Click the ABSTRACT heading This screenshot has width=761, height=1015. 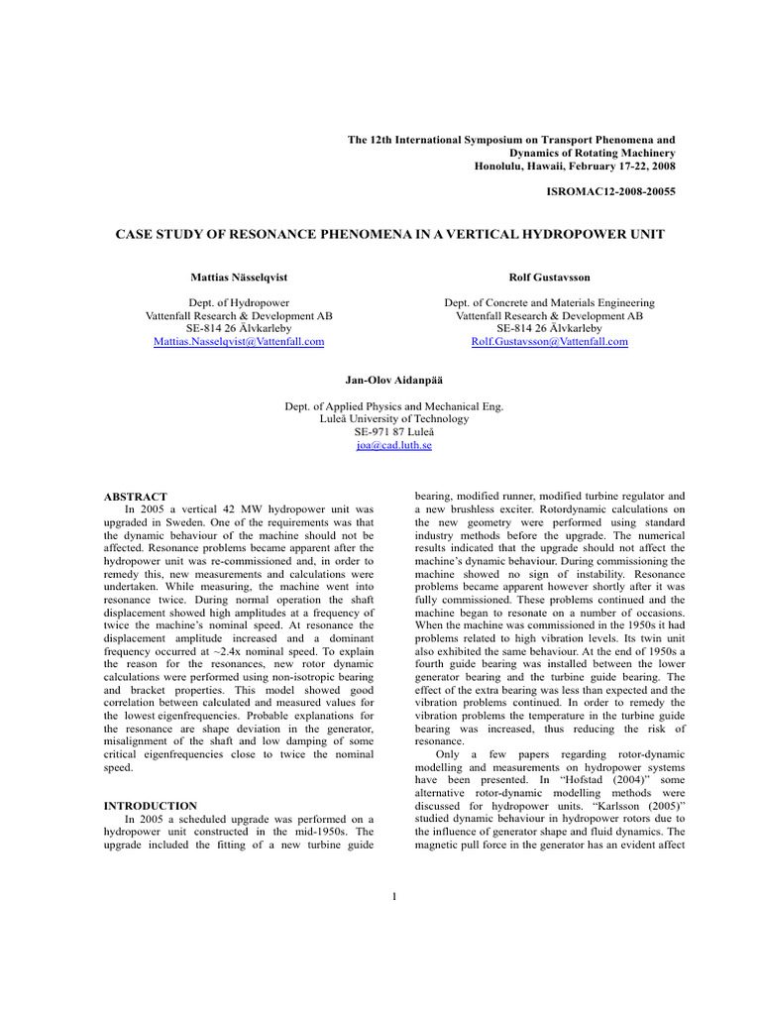pyautogui.click(x=136, y=497)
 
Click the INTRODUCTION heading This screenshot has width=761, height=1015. pyautogui.click(x=150, y=806)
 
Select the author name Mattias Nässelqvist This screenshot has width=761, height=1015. pyautogui.click(x=239, y=280)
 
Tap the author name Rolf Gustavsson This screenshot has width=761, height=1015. pyautogui.click(x=549, y=280)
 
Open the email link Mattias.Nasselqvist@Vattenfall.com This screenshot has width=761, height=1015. pyautogui.click(x=239, y=342)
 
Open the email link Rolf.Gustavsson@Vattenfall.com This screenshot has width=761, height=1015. pyautogui.click(x=549, y=342)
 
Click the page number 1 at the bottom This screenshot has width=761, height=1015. pyautogui.click(x=393, y=898)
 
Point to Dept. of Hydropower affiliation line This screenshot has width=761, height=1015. pyautogui.click(x=239, y=303)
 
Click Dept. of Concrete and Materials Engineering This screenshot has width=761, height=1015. pyautogui.click(x=549, y=303)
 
